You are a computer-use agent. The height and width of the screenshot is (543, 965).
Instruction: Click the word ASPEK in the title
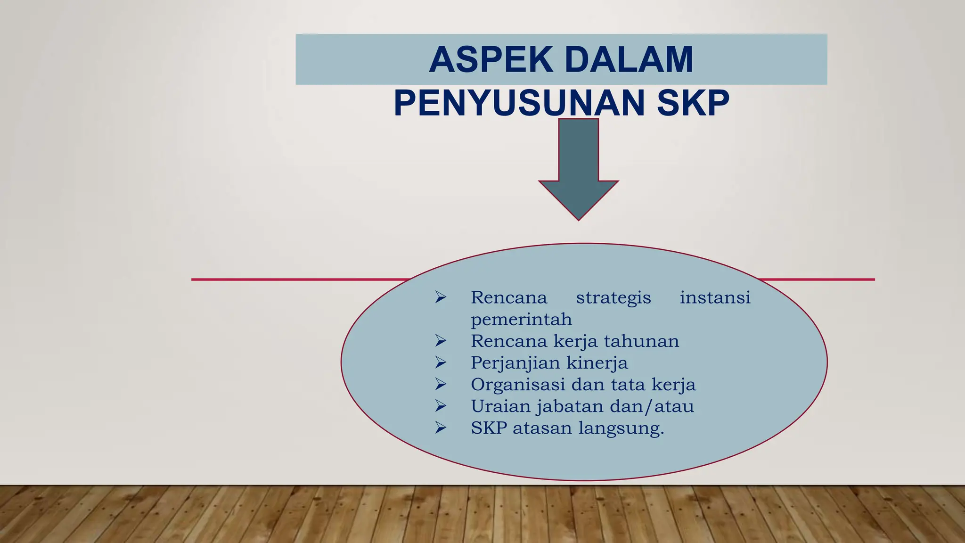(491, 60)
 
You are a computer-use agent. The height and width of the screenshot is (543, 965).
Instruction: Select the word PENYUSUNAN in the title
(519, 103)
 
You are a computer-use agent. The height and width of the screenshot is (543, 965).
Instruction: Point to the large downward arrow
(578, 170)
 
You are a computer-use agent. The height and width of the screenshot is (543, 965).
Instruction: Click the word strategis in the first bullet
(613, 298)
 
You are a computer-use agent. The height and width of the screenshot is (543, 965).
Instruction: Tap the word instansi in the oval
(715, 298)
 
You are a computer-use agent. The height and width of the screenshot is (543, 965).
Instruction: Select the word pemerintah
(521, 320)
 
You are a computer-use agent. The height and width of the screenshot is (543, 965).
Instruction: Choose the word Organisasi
(517, 385)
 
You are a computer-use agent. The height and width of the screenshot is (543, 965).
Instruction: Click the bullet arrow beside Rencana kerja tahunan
(441, 340)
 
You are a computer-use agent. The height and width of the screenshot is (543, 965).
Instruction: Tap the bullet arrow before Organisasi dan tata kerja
(441, 384)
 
